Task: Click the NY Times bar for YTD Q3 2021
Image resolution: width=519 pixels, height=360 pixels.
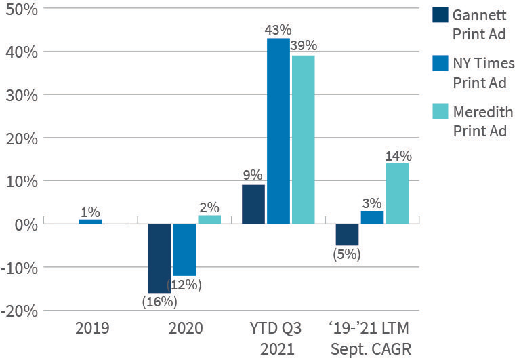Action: [278, 131]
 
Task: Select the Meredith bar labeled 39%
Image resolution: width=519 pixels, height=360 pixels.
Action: [303, 140]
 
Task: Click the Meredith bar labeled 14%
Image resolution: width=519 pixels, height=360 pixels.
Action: [397, 193]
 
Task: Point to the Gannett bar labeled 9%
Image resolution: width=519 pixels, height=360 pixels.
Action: [253, 204]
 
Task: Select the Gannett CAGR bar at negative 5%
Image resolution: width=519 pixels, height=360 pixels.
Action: [347, 235]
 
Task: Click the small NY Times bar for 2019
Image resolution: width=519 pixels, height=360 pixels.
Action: [90, 222]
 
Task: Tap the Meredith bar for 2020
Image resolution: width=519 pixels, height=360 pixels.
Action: [209, 219]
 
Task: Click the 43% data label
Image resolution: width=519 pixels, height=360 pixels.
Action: [278, 30]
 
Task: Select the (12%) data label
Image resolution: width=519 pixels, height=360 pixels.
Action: [184, 285]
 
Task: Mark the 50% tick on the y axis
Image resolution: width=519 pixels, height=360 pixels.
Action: [22, 9]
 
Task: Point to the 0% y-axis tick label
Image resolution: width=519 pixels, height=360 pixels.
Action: [28, 224]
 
